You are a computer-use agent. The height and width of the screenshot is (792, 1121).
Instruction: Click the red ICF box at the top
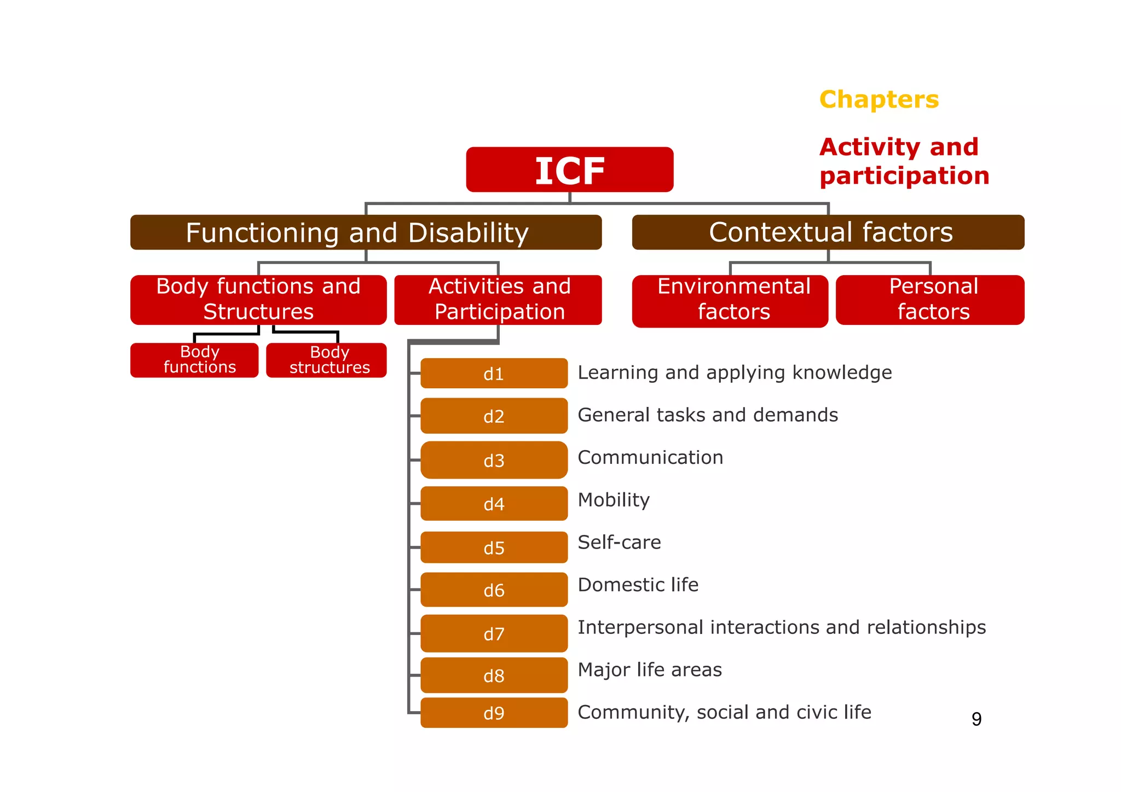(x=569, y=170)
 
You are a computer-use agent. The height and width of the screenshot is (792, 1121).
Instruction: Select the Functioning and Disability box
(x=366, y=232)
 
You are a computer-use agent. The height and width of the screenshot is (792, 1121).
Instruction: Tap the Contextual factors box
(x=828, y=232)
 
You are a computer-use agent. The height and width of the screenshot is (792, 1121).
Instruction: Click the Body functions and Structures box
(x=258, y=300)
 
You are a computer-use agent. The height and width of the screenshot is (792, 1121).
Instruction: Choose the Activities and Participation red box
(x=498, y=300)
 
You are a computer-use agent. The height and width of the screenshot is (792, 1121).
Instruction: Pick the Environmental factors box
(x=730, y=301)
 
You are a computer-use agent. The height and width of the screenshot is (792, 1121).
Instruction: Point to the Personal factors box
(x=930, y=300)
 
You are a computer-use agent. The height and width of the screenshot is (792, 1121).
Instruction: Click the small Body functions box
(x=194, y=360)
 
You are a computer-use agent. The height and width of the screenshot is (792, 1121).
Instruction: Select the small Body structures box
(x=326, y=360)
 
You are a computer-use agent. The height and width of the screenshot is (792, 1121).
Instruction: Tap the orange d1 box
(x=494, y=374)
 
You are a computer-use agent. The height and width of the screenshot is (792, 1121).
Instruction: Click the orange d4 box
(x=494, y=504)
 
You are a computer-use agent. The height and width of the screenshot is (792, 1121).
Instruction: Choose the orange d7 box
(x=494, y=633)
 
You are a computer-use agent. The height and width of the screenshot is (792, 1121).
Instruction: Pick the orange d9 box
(x=494, y=713)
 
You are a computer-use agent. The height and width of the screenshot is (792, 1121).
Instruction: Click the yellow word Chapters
(x=879, y=100)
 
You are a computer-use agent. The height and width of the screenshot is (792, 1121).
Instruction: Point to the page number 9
(x=976, y=719)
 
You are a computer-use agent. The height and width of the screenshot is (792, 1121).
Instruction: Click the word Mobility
(x=614, y=500)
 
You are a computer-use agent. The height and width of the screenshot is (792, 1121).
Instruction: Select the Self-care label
(x=619, y=543)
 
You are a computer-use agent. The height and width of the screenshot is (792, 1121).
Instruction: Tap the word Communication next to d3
(x=650, y=457)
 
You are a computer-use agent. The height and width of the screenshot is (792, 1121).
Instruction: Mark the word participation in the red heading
(x=904, y=176)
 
